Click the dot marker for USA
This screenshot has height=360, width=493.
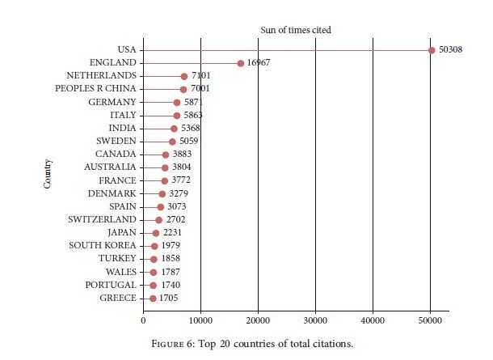click(x=432, y=50)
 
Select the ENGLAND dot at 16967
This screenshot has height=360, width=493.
click(x=240, y=63)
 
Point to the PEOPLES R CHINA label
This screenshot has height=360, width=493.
click(x=96, y=89)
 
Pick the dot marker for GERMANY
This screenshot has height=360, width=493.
click(x=177, y=102)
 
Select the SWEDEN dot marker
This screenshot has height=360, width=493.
click(x=172, y=142)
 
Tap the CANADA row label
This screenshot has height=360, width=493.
click(x=116, y=155)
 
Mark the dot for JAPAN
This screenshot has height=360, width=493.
click(x=156, y=233)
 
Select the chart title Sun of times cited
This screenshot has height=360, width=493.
click(x=296, y=30)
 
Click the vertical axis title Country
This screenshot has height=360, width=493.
click(x=48, y=174)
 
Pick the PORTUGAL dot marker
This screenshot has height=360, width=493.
click(x=153, y=286)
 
